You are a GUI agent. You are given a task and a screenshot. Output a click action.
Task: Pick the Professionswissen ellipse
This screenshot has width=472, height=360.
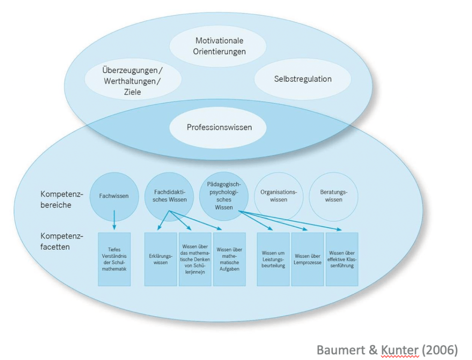coord(219,127)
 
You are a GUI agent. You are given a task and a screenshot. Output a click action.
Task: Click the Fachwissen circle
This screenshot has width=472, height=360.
coord(114,196)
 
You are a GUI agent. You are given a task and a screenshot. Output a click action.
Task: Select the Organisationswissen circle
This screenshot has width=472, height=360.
coord(278,196)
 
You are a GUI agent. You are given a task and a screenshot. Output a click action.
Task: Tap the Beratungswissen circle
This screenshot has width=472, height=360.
coord(333,196)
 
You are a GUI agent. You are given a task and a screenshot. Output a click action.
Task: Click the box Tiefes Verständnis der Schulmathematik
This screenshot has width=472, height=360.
coord(114,259)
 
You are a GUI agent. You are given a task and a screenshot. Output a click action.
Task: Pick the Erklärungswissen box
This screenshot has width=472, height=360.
coord(160,259)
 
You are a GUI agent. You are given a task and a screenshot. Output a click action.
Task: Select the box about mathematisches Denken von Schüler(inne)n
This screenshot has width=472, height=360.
coord(195,259)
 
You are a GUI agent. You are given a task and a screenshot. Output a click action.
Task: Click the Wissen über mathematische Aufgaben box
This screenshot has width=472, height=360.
coord(229,259)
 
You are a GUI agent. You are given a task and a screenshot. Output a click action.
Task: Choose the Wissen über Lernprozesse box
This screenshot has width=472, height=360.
coord(308,259)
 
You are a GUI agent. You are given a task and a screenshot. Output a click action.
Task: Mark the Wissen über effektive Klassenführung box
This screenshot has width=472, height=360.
coord(342,259)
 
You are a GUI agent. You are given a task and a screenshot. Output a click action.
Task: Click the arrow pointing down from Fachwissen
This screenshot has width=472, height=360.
coord(114,219)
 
